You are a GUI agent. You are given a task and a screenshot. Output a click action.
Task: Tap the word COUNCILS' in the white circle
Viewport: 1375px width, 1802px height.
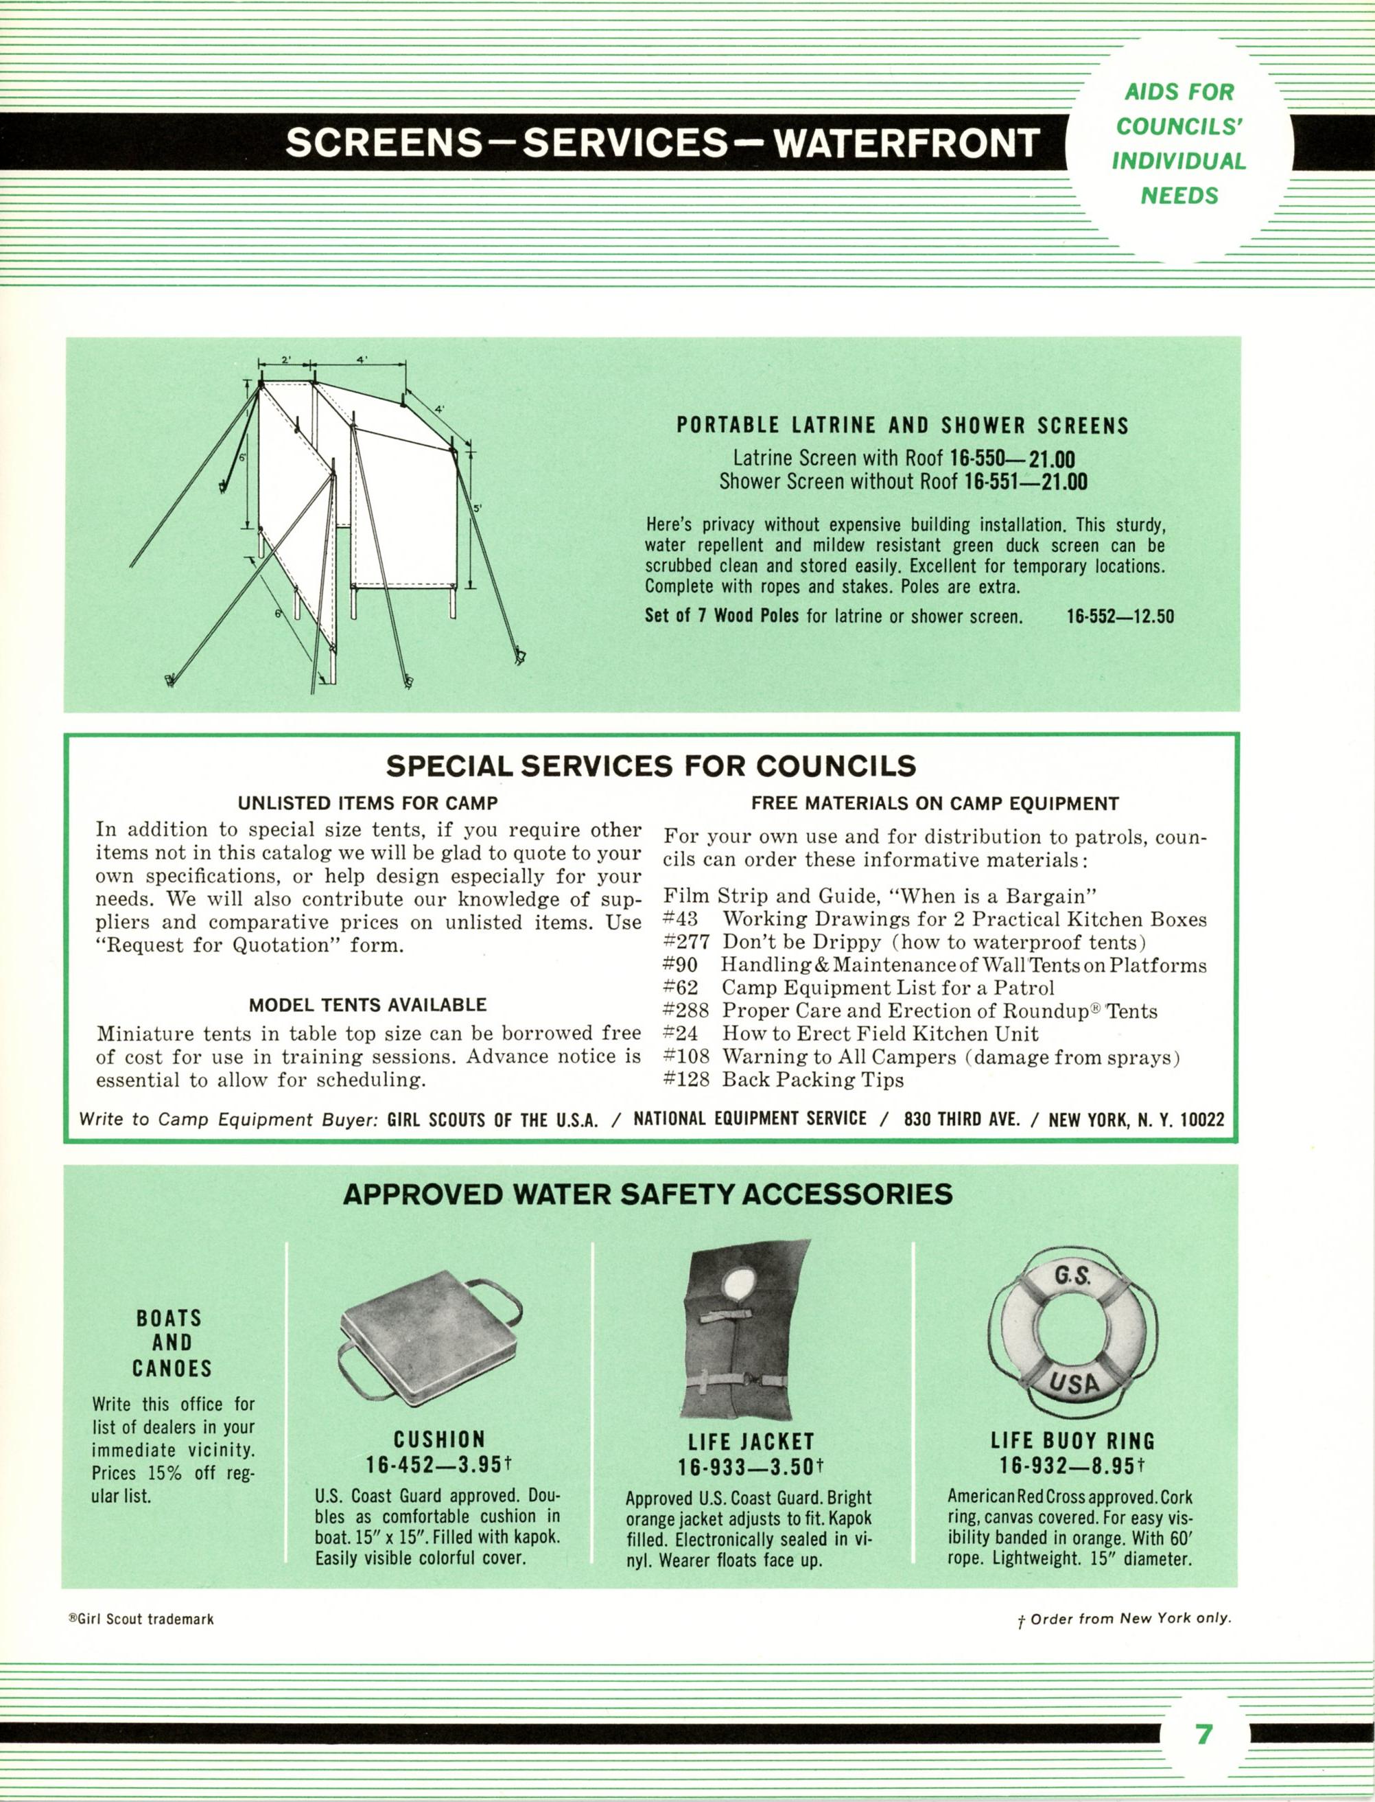point(1180,126)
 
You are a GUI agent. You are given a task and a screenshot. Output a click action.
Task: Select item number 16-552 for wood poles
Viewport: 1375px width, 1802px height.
point(1119,616)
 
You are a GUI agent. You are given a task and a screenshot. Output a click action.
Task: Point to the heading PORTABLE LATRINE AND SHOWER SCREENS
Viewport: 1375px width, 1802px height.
point(902,426)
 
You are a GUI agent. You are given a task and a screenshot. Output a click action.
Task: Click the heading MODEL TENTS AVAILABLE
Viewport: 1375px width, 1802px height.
point(368,1004)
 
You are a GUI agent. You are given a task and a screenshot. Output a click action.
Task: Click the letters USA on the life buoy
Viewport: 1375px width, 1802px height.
point(1073,1383)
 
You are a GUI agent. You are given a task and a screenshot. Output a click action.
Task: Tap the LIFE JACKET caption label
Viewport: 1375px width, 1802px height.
point(751,1441)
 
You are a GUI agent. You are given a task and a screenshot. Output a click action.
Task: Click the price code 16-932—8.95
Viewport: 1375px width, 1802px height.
point(1071,1464)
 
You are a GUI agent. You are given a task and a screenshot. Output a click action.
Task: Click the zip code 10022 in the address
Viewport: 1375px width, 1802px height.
point(1201,1119)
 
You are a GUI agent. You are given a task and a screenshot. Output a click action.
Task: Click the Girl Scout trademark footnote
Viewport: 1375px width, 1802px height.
point(141,1619)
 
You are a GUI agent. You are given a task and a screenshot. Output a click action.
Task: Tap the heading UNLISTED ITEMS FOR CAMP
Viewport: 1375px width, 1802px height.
point(368,803)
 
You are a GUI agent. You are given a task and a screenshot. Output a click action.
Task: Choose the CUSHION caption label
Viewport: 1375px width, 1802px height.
point(440,1440)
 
